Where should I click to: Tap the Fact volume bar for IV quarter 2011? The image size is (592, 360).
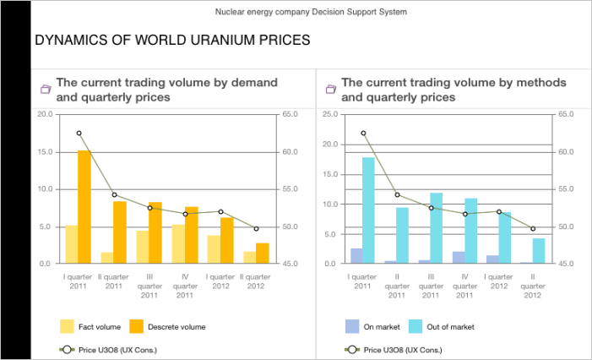[x=177, y=244]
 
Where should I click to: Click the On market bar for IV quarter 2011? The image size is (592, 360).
[x=458, y=258]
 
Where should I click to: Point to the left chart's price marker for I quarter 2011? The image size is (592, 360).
[x=79, y=134]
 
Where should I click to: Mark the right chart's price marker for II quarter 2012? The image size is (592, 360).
[x=533, y=228]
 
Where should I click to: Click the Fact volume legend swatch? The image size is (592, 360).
[x=67, y=326]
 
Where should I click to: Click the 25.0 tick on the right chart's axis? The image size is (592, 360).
[x=330, y=113]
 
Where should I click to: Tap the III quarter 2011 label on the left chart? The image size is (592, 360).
[x=149, y=285]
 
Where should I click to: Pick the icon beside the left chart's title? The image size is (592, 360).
[x=46, y=90]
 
